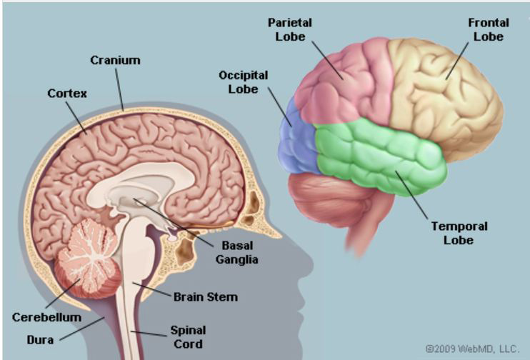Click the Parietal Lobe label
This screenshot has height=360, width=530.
(x=290, y=30)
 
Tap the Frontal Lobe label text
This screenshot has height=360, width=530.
(x=489, y=30)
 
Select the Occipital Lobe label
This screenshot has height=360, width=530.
(x=244, y=82)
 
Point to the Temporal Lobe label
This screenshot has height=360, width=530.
(x=459, y=233)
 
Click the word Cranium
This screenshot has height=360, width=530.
(x=115, y=60)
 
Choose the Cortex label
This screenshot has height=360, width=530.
(x=67, y=94)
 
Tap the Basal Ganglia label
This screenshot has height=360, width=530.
(x=237, y=252)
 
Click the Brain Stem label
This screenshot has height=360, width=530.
(x=206, y=297)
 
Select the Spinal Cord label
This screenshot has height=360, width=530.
(x=188, y=337)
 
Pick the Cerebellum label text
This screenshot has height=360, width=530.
(x=46, y=317)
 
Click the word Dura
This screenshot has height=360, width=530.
(x=40, y=340)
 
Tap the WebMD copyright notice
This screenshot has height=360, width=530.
(x=472, y=349)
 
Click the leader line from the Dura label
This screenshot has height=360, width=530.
(x=82, y=329)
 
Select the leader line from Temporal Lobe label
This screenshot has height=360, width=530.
(x=411, y=195)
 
